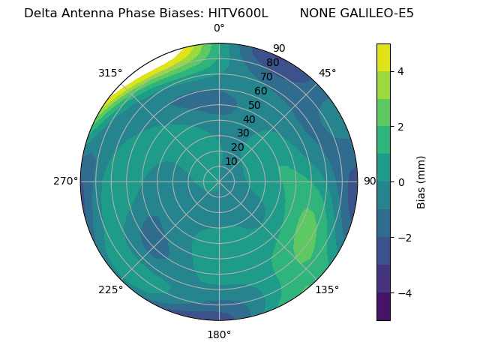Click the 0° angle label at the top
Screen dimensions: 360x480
point(219,28)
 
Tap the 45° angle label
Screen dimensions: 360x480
point(328,73)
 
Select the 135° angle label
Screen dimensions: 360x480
point(327,290)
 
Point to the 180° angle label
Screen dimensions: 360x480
point(219,334)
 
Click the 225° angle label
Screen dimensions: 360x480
point(110,290)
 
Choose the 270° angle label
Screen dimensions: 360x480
point(65,181)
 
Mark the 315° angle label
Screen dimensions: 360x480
point(110,73)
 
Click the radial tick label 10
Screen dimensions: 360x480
point(231,161)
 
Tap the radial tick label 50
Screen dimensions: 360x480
point(255,105)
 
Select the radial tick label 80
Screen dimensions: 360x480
point(272,63)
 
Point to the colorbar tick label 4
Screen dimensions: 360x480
point(401,71)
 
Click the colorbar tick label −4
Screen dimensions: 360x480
point(404,293)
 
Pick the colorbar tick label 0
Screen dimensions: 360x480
point(401,182)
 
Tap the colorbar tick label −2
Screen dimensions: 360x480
point(404,238)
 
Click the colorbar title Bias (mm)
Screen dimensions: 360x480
point(421,182)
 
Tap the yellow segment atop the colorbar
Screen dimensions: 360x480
point(383,57)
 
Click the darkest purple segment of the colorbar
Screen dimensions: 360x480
point(383,307)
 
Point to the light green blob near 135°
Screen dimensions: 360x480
point(304,236)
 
